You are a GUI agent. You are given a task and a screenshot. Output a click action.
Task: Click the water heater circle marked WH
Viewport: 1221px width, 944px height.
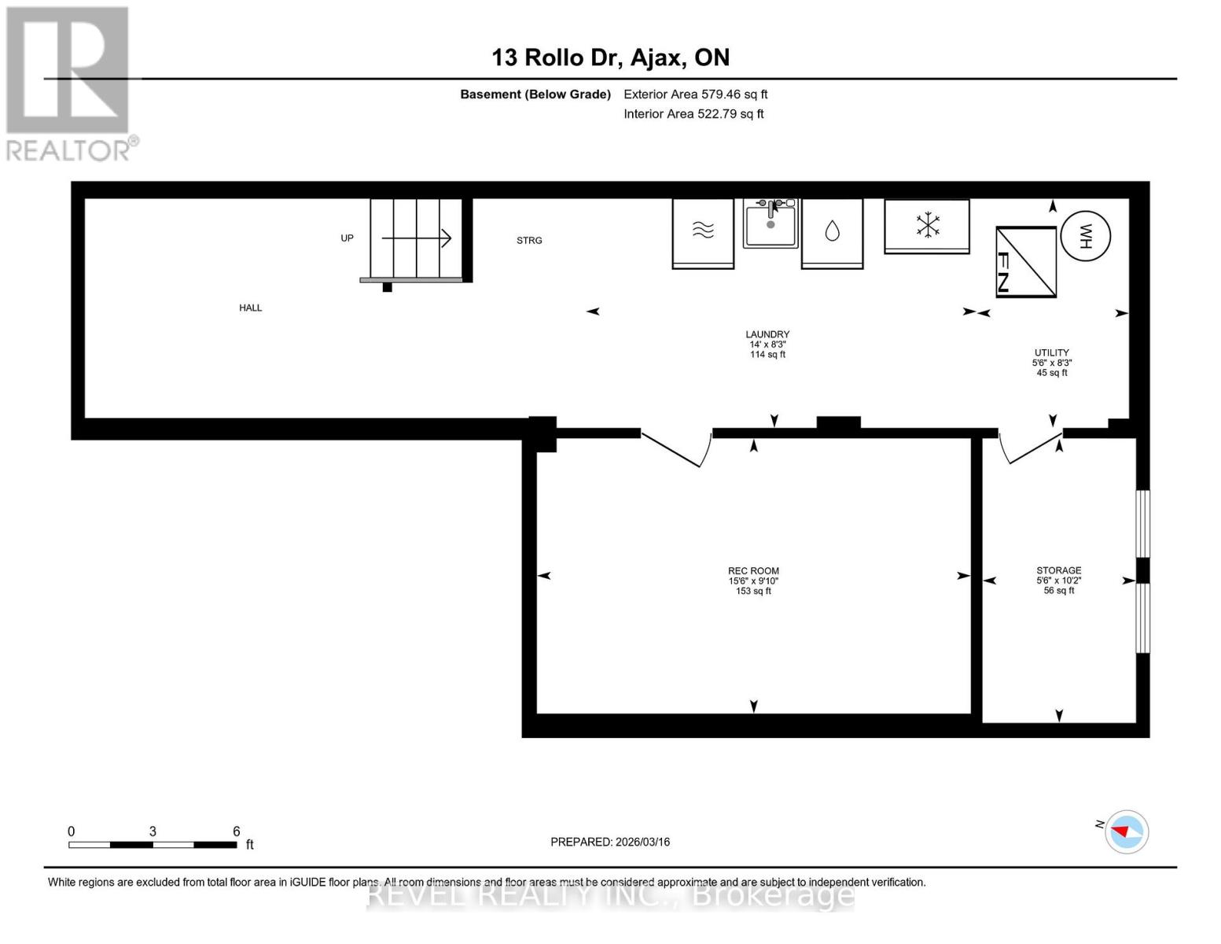1085,235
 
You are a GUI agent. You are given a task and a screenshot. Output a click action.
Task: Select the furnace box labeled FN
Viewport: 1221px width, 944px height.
1026,262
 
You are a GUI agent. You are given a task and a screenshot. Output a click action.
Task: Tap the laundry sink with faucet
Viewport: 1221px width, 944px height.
770,223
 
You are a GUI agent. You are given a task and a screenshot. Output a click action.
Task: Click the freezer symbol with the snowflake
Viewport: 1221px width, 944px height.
927,225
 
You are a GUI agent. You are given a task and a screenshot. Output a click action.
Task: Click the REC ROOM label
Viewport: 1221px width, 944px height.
753,572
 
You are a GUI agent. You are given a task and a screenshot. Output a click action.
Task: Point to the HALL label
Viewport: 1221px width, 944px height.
251,308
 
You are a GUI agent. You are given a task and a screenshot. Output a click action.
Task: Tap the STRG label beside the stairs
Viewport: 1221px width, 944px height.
529,241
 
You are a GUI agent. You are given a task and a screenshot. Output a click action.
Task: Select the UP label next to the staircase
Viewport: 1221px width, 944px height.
347,238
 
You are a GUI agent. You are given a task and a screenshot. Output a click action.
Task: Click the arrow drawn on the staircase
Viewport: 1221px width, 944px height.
416,238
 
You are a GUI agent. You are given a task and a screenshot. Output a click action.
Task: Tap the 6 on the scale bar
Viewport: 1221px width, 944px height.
236,832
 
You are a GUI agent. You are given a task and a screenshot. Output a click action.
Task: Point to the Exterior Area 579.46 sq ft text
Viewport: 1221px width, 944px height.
695,94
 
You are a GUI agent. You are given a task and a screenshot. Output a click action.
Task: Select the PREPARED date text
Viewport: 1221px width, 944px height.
610,842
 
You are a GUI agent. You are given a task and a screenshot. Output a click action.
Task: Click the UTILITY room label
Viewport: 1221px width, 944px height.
1051,353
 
